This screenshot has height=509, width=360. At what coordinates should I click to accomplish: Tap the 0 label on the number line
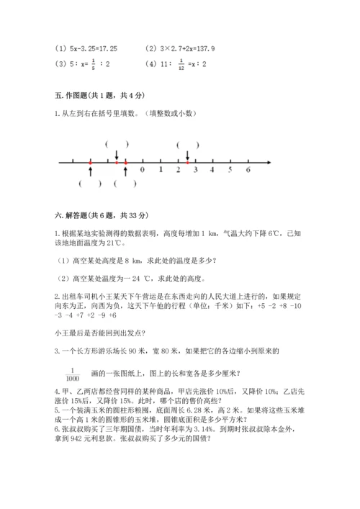tap(143, 171)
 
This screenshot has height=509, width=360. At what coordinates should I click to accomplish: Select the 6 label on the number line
tap(248, 171)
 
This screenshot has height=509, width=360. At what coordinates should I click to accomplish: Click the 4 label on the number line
tap(212, 171)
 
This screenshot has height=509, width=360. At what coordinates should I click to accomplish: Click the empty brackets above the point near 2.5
tap(186, 143)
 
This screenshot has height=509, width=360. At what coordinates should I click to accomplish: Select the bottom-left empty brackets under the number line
tap(91, 184)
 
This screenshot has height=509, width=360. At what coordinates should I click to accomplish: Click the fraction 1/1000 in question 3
tap(71, 372)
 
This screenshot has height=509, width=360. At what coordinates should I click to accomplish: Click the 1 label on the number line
tap(160, 171)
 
